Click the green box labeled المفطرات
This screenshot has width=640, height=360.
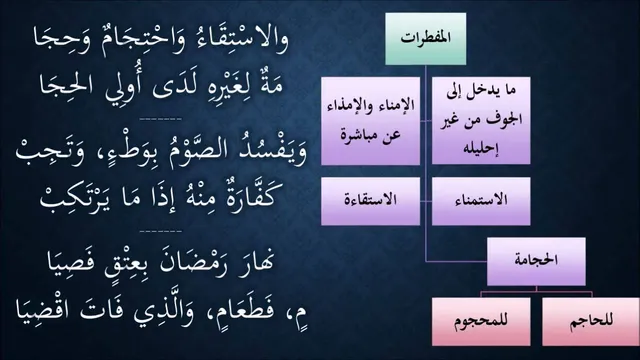click(426, 39)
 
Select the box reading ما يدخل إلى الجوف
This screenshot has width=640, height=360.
click(481, 120)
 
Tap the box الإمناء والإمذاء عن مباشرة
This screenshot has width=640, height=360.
click(370, 120)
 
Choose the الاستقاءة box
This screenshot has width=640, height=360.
click(370, 201)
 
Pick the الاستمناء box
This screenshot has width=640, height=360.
click(481, 201)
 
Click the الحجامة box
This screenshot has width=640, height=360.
click(536, 261)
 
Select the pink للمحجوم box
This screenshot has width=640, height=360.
click(481, 322)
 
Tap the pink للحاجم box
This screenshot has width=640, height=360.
click(591, 322)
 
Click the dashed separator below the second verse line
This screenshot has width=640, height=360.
click(160, 119)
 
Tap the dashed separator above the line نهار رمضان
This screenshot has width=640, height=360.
click(160, 231)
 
